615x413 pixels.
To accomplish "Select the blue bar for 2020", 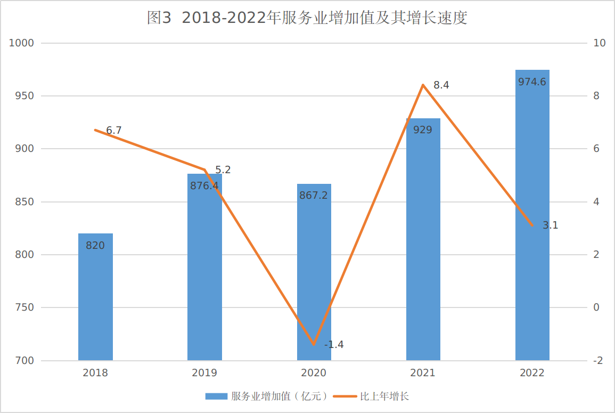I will point(314,277).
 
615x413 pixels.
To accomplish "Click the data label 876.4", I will point(204,186).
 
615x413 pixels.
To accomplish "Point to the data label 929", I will point(423,129).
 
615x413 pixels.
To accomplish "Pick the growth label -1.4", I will point(334,345).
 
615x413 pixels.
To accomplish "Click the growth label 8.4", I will point(441,85).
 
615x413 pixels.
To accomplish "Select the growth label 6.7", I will point(114,131).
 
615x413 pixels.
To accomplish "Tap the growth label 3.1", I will point(550,225).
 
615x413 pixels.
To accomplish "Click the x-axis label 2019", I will point(204,373).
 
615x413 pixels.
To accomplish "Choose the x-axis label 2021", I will point(423,373).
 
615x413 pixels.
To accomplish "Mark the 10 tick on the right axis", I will point(599,43).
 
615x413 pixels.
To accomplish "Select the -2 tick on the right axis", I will point(598,361).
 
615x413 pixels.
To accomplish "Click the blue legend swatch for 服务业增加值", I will point(216,396).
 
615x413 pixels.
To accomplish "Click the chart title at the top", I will point(307,18).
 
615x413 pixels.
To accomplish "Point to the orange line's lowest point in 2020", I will point(314,344).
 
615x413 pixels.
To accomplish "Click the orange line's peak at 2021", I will point(423,85).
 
